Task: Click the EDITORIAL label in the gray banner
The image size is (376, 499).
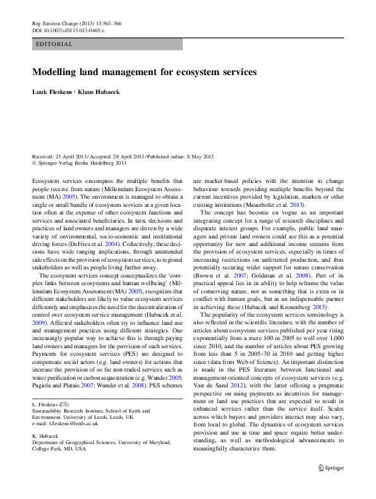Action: (55, 45)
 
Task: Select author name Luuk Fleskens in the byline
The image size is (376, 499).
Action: (52, 92)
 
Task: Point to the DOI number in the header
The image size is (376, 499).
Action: (73, 30)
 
